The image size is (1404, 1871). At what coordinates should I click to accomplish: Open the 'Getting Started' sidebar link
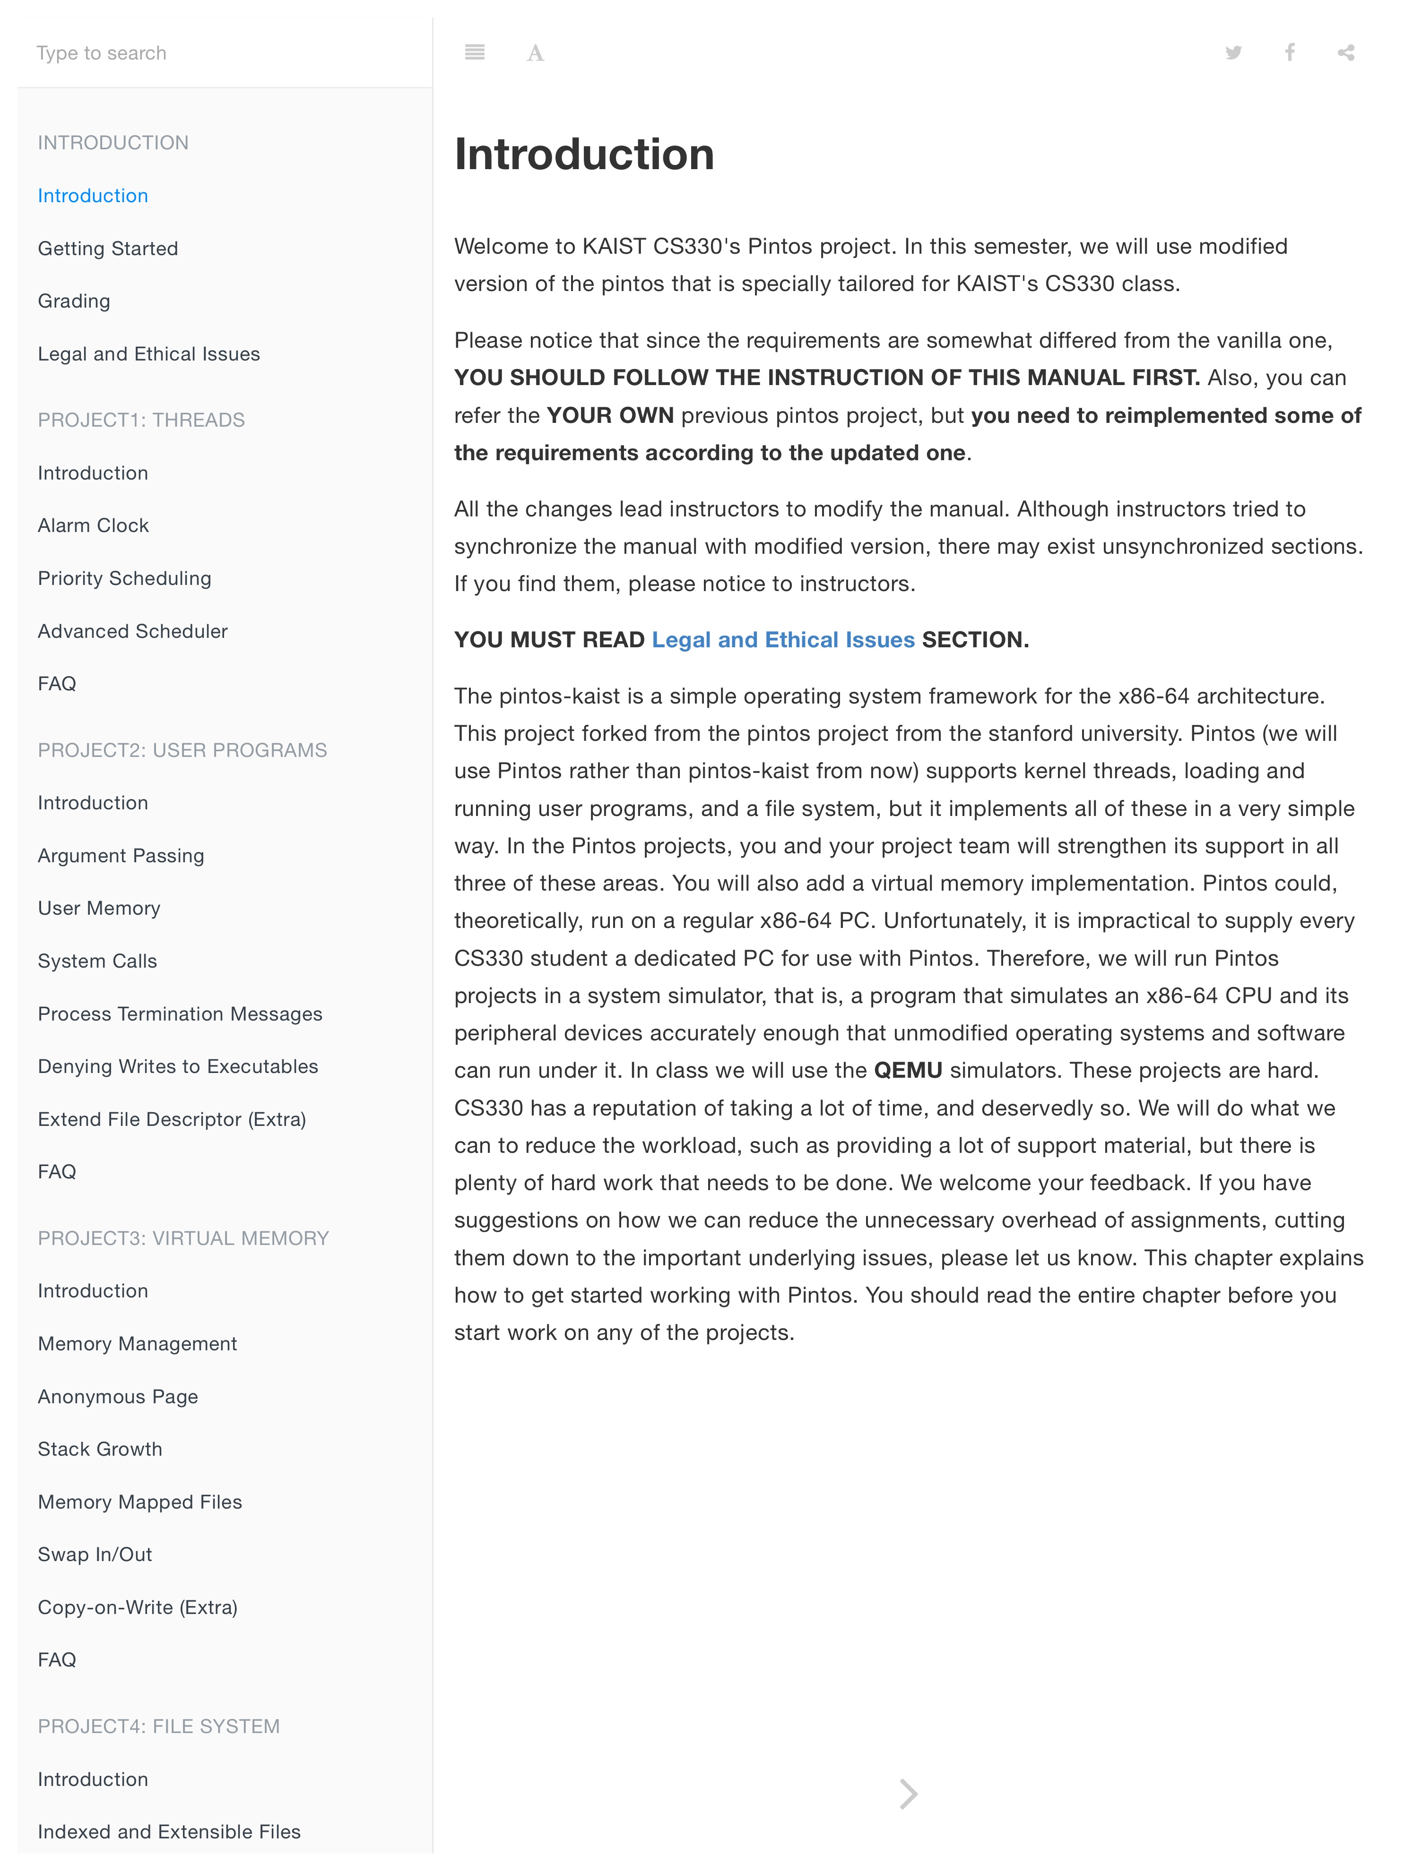[x=107, y=249]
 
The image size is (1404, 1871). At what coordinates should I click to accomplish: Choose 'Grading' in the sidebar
[x=74, y=301]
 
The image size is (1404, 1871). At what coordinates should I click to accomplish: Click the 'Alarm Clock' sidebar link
[x=93, y=525]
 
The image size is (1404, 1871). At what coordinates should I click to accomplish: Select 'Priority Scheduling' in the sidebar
[x=124, y=579]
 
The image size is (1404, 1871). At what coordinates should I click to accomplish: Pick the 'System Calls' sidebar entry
[x=97, y=961]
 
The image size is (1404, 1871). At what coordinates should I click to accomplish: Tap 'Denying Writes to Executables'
[x=178, y=1066]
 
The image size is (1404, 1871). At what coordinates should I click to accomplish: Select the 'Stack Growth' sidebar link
[x=100, y=1449]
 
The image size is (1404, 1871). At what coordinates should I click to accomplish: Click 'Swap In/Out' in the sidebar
[x=95, y=1554]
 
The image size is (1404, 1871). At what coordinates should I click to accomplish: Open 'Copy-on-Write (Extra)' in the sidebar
[x=137, y=1607]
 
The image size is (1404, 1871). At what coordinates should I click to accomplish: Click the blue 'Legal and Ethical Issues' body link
[x=783, y=639]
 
